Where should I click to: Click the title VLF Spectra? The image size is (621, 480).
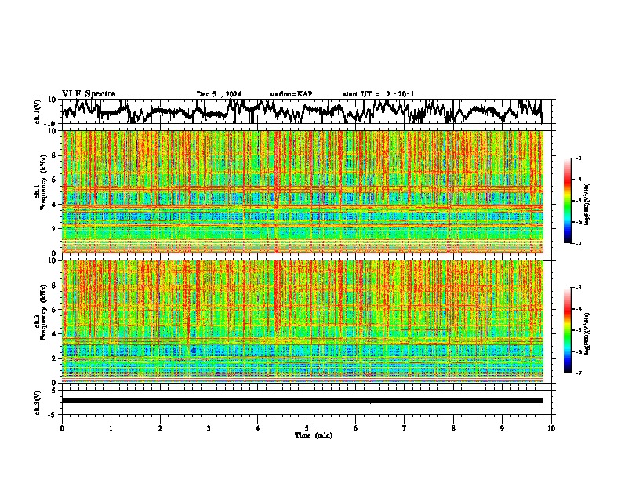[89, 93]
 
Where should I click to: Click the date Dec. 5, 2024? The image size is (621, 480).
[219, 94]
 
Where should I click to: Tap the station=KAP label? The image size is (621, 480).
[290, 94]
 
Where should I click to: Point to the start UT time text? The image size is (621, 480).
[379, 94]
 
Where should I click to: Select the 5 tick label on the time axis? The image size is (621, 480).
[307, 427]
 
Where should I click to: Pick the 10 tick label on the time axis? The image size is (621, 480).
[551, 427]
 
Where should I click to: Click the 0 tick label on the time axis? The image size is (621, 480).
[62, 427]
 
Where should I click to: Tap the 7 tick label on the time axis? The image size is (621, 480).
[405, 427]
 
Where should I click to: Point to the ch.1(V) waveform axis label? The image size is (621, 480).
[38, 111]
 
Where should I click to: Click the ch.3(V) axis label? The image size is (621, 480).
[38, 401]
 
